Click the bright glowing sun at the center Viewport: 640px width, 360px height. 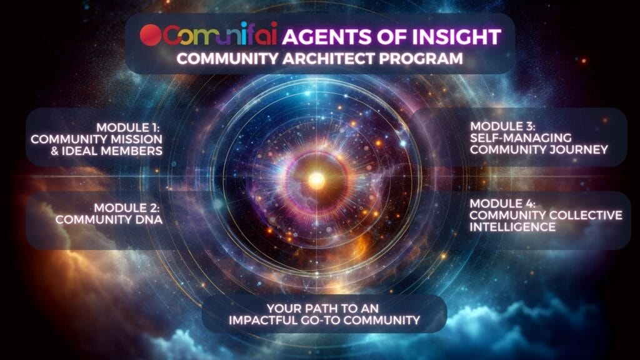[x=317, y=181]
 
